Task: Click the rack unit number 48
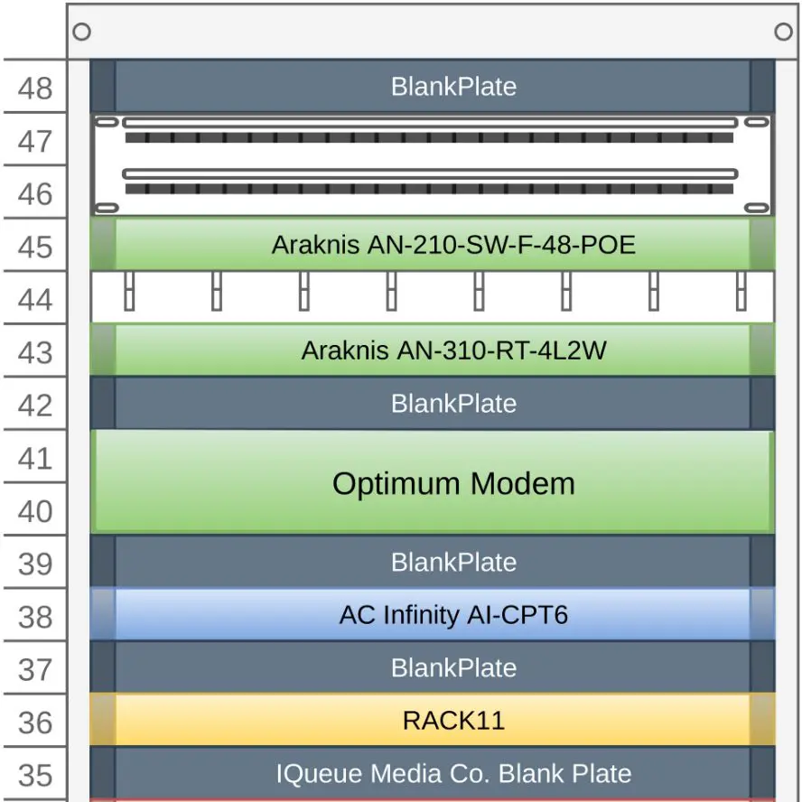pos(35,89)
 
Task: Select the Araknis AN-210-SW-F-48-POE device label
pos(453,245)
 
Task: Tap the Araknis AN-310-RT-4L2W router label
pos(453,350)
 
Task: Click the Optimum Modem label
pos(453,483)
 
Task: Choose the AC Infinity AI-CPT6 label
pos(453,615)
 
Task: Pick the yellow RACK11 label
pos(453,720)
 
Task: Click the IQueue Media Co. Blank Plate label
pos(453,773)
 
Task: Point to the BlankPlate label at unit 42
pos(453,403)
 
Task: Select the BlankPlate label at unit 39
pos(453,562)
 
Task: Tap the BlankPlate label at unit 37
pos(453,667)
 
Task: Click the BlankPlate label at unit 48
pos(453,87)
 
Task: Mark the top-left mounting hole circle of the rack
pos(81,32)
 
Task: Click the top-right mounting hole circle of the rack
pos(784,32)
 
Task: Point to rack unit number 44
pos(35,299)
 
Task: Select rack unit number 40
pos(35,511)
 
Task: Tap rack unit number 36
pos(35,723)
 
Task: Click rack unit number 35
pos(35,775)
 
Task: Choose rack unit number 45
pos(35,247)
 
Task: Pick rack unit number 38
pos(35,617)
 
